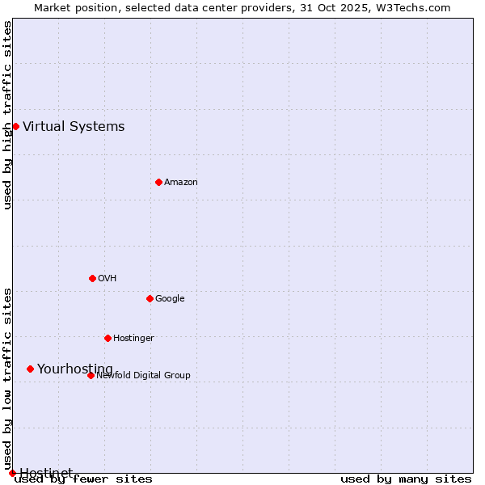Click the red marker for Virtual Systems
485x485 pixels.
click(x=15, y=126)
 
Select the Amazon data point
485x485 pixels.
click(x=158, y=182)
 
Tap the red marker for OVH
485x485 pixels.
click(x=92, y=278)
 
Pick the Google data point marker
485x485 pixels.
click(x=150, y=298)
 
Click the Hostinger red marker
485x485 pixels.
click(x=108, y=338)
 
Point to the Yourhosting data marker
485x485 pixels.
click(x=30, y=369)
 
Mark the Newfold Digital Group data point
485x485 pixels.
click(x=91, y=375)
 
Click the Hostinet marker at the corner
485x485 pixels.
click(x=12, y=473)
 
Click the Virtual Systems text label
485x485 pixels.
click(x=74, y=126)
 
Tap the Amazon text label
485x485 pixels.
click(x=181, y=182)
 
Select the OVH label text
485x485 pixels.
click(x=108, y=278)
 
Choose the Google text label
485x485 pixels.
click(x=170, y=298)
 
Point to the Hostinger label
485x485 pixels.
click(x=133, y=338)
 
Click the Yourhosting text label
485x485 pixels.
click(x=75, y=369)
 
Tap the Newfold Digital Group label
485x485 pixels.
click(x=143, y=375)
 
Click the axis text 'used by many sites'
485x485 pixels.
click(x=406, y=479)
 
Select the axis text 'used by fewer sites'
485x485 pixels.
click(x=83, y=479)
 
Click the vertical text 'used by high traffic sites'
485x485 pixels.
click(x=7, y=115)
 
